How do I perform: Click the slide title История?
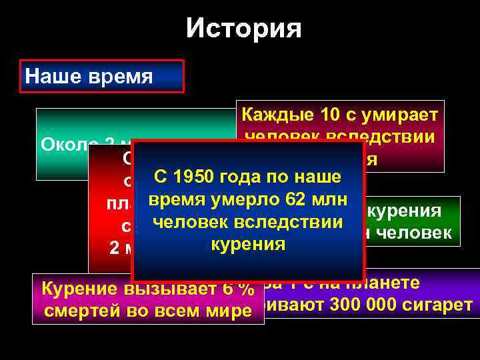click(x=243, y=29)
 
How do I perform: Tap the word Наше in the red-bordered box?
click(x=47, y=76)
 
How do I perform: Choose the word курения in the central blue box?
click(x=247, y=245)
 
